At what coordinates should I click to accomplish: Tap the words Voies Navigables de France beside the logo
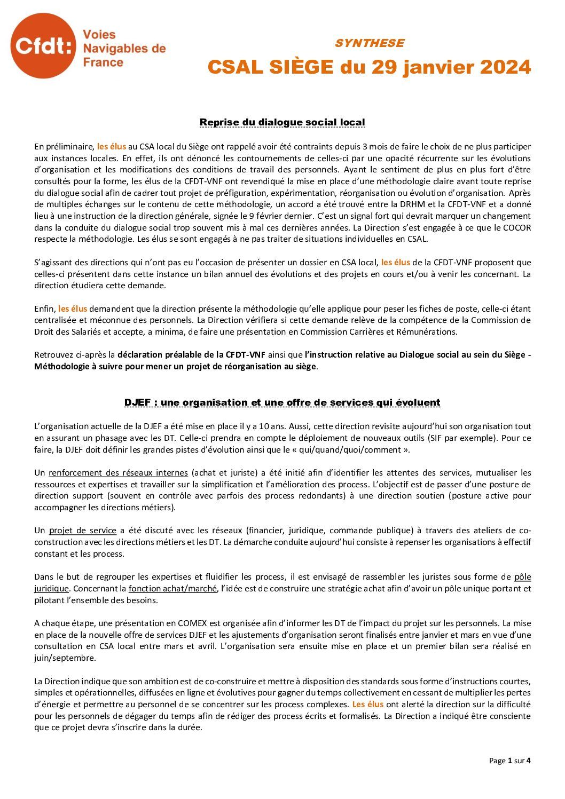point(124,49)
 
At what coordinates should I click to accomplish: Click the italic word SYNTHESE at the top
point(369,43)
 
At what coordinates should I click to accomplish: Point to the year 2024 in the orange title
point(505,67)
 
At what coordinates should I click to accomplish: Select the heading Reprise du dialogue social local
point(282,122)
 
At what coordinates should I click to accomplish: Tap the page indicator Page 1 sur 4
point(509,761)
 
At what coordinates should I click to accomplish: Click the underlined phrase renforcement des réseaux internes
point(118,473)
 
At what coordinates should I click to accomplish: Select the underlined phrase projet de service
point(82,531)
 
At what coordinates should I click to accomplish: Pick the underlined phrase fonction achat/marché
point(172,589)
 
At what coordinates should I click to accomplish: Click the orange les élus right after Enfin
point(73,308)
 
